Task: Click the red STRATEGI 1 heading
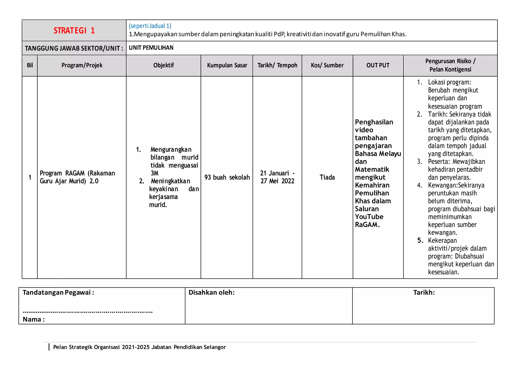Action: [x=74, y=30]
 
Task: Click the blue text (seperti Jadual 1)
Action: [x=150, y=26]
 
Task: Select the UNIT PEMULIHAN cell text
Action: [x=151, y=48]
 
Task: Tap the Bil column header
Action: [x=30, y=65]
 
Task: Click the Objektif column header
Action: [x=164, y=65]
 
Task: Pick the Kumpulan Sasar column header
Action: [x=227, y=65]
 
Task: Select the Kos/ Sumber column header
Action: [x=327, y=65]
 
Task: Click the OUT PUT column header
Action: [x=378, y=65]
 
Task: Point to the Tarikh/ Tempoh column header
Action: [x=277, y=65]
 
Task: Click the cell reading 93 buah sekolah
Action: [x=227, y=177]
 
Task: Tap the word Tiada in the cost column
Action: [x=327, y=177]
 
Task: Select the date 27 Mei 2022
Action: [x=277, y=181]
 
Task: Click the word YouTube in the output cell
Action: [x=369, y=217]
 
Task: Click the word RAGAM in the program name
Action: [x=75, y=173]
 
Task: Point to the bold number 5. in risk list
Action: [x=420, y=240]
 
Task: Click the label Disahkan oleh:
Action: [x=212, y=293]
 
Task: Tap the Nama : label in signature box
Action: [x=34, y=319]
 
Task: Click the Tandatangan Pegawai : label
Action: [x=58, y=293]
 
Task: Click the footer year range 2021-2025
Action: [x=136, y=347]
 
